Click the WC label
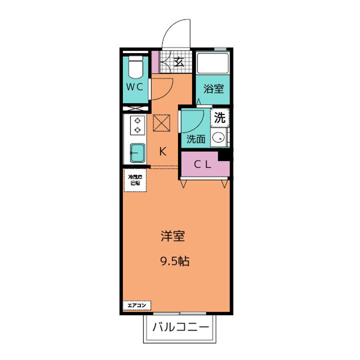tap(134, 86)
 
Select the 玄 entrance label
tap(178, 62)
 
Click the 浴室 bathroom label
tap(213, 89)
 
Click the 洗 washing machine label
tap(220, 118)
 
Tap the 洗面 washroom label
tap(196, 139)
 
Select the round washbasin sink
tap(217, 138)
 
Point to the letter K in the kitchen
tap(162, 151)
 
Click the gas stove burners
tap(136, 125)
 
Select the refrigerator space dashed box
tap(134, 179)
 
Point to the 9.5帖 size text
tap(174, 261)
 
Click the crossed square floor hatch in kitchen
tap(161, 122)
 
